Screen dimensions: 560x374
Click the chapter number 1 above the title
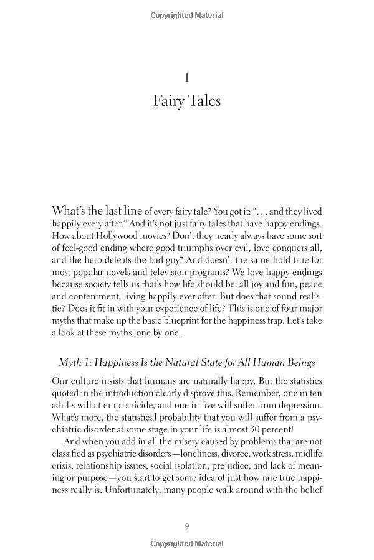click(186, 77)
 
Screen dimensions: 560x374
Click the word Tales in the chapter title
click(203, 100)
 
